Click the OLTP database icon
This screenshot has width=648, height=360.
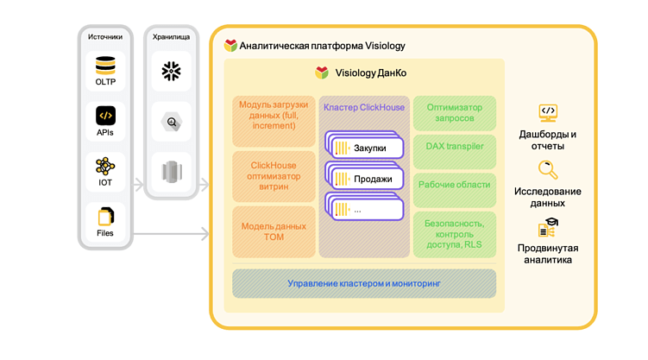[105, 65]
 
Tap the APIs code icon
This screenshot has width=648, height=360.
[105, 115]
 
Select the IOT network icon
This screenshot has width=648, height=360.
[105, 166]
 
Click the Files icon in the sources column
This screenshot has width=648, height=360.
[105, 216]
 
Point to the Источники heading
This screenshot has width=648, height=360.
[105, 37]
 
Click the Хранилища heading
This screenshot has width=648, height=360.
[171, 37]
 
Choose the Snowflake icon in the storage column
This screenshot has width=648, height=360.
[171, 72]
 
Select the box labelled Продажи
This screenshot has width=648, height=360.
[365, 179]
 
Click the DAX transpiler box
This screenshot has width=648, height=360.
[454, 147]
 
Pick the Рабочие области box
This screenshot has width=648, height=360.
[454, 185]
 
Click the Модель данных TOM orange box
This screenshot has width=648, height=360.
[274, 231]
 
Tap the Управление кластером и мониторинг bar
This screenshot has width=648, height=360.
[363, 283]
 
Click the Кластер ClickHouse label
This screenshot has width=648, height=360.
[363, 108]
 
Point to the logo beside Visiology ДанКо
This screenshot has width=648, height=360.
[322, 73]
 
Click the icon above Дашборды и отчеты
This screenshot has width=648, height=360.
[547, 112]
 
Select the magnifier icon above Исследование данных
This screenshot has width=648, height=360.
[547, 169]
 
